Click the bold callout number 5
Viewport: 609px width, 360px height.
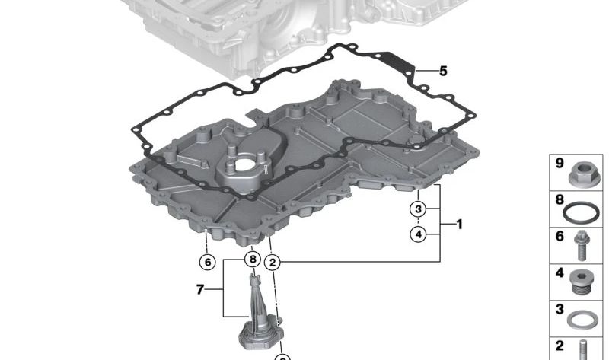(443, 71)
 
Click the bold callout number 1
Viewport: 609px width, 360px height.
(460, 224)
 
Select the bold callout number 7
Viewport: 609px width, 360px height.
(200, 289)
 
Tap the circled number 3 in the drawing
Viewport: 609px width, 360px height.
(418, 209)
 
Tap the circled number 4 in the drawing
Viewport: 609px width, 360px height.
(418, 234)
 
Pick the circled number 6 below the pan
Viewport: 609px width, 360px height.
(207, 262)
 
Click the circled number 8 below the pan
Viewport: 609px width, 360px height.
(253, 259)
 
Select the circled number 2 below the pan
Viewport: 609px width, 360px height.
(273, 263)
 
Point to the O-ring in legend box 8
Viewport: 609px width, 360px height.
(581, 213)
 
